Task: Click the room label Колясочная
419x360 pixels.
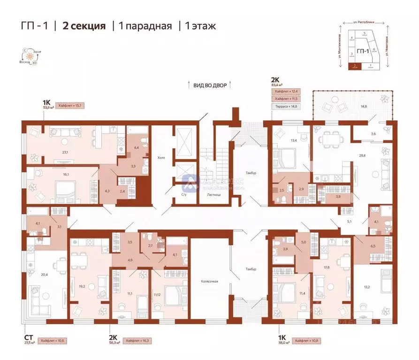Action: [211, 281]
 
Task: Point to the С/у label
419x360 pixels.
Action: [184, 194]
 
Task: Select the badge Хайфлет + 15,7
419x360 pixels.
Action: [69, 106]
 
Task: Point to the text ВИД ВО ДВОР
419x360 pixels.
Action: [210, 85]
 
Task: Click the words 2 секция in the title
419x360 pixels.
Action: [84, 26]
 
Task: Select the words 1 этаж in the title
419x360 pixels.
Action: [198, 26]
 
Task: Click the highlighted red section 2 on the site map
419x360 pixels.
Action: [355, 67]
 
